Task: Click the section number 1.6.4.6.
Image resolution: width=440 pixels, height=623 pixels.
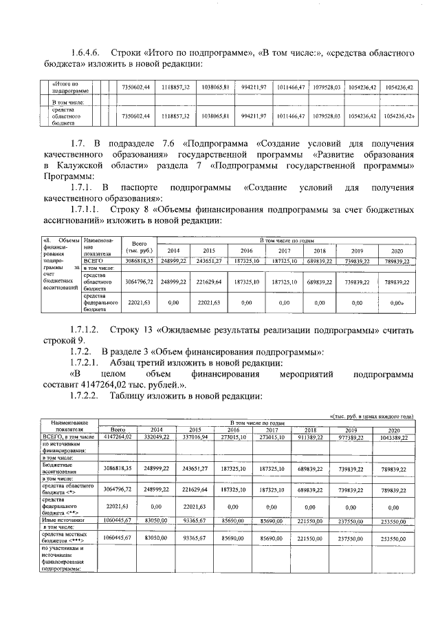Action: [x=87, y=53]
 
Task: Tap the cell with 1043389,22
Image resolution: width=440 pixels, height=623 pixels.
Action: [x=393, y=436]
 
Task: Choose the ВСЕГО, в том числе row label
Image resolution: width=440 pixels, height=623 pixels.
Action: [x=68, y=436]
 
